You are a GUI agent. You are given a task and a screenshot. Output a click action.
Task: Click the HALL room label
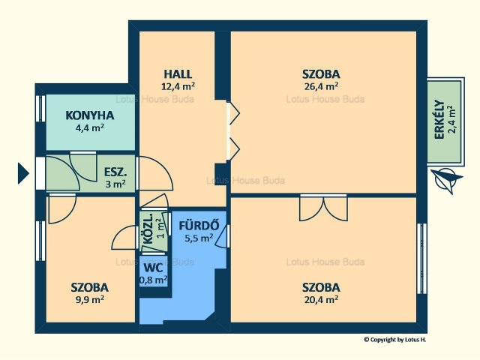(x=178, y=74)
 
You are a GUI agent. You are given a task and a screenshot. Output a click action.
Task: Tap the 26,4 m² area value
(x=321, y=86)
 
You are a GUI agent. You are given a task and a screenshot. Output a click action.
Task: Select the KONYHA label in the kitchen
(x=90, y=115)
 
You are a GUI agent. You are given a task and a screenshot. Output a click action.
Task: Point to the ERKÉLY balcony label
(x=439, y=120)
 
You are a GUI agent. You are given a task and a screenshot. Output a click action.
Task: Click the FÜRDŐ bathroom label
(x=199, y=226)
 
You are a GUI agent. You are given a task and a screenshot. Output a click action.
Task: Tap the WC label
(x=153, y=268)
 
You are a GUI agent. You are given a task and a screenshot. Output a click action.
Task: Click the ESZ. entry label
(x=115, y=172)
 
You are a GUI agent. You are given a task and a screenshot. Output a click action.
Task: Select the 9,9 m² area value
(x=90, y=299)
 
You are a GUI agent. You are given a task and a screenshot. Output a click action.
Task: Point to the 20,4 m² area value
(x=321, y=299)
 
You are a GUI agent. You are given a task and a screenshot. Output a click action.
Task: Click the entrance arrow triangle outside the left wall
(x=23, y=173)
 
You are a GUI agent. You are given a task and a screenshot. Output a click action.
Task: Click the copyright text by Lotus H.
(x=395, y=339)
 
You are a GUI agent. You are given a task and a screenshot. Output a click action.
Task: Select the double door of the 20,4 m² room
(x=323, y=208)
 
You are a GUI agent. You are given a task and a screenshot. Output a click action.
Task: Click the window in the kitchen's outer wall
(x=40, y=109)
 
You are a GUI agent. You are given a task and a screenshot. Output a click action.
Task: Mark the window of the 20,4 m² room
(x=421, y=259)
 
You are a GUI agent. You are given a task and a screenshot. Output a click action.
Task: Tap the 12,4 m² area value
(x=178, y=86)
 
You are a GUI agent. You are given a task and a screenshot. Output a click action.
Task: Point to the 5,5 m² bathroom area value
(x=199, y=238)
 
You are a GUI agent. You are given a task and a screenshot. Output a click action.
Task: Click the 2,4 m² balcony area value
(x=451, y=120)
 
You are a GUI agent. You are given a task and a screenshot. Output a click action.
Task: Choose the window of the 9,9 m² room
(x=40, y=241)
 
